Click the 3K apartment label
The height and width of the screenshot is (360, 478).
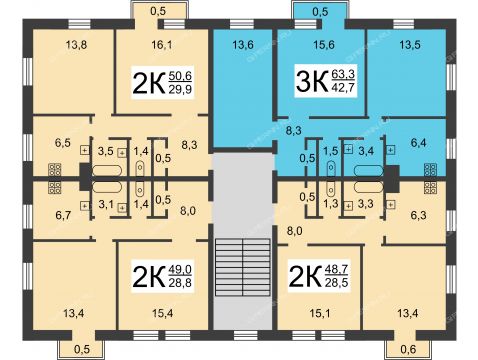tap(312, 81)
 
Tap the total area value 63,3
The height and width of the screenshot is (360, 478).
tap(343, 75)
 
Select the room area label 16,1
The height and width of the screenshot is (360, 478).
tap(162, 45)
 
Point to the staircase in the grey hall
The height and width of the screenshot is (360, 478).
tap(243, 267)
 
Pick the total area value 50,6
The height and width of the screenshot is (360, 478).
tap(180, 76)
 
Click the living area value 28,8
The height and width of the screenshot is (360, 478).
tap(180, 282)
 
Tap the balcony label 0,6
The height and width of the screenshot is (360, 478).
tap(408, 349)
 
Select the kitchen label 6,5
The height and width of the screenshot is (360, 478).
tap(63, 143)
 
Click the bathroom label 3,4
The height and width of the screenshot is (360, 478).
tap(366, 151)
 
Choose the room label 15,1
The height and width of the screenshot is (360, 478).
tap(320, 313)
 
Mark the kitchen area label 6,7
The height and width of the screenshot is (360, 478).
tap(63, 215)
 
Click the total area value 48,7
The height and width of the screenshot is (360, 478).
tap(336, 269)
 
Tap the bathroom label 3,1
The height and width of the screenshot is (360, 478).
tap(106, 204)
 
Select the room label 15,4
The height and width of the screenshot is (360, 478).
tap(162, 313)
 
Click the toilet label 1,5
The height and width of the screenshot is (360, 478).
tap(331, 151)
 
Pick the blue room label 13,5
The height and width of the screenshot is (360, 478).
tap(410, 44)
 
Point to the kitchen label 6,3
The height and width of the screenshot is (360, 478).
tap(418, 215)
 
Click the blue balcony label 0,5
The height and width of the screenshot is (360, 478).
tap(320, 11)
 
